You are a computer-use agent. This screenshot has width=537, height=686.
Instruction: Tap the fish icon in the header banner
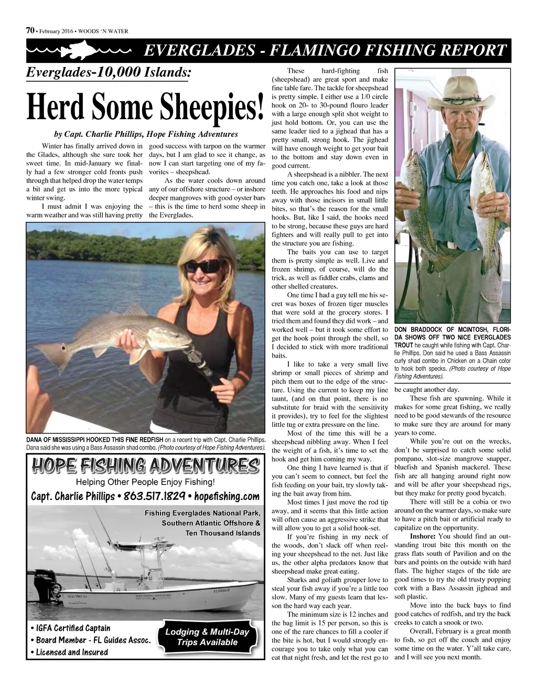pyautogui.click(x=79, y=51)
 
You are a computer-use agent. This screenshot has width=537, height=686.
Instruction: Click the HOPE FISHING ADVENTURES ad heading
pyautogui.click(x=145, y=466)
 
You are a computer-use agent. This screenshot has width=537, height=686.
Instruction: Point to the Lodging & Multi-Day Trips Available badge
pyautogui.click(x=207, y=637)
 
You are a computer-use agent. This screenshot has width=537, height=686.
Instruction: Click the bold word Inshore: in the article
pyautogui.click(x=422, y=537)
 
